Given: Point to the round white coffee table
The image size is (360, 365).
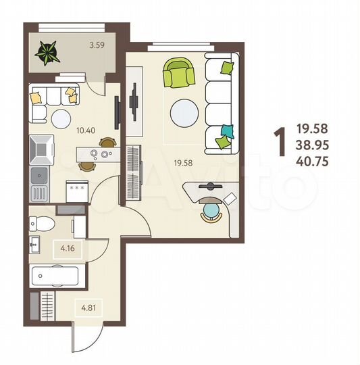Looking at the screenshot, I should pyautogui.click(x=184, y=114).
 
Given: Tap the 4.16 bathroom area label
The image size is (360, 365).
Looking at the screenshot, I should pyautogui.click(x=67, y=248).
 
